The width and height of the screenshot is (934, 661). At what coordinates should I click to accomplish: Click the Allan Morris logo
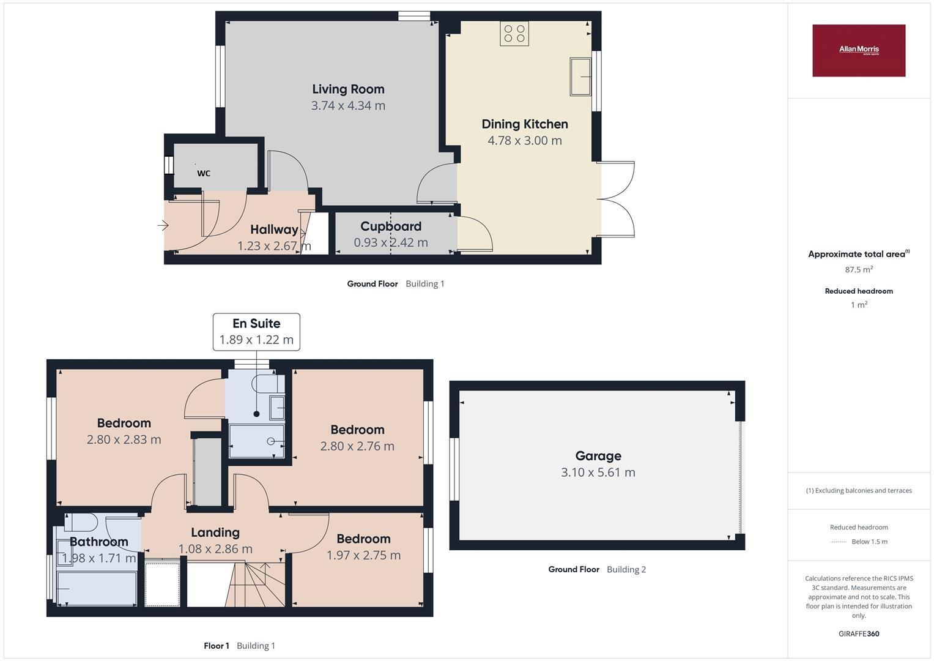coord(859,50)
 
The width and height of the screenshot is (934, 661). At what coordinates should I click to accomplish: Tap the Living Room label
coord(348,89)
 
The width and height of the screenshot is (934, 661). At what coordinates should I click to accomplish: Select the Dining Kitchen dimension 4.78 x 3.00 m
coord(525,141)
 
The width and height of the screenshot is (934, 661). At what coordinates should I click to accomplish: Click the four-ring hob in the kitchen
coord(514,34)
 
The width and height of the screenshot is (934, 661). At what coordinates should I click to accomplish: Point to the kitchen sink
coord(581,77)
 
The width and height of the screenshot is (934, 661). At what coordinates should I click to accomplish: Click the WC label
coord(204,173)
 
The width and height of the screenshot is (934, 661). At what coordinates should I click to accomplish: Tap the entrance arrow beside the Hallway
coord(163,226)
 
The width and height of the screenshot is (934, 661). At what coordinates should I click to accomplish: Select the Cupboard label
coord(391,226)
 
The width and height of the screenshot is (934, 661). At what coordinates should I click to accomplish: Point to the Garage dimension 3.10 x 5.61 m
coord(598,472)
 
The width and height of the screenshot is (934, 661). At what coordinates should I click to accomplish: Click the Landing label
coord(215,532)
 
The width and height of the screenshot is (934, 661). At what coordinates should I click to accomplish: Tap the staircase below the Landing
coord(255,584)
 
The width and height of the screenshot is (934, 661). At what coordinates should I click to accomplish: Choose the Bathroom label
coord(99,542)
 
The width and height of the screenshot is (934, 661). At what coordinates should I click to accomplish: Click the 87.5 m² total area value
coord(859,269)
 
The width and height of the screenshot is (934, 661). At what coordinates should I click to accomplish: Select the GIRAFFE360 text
coord(859,634)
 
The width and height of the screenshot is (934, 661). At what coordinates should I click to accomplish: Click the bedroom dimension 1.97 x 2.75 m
coord(363,556)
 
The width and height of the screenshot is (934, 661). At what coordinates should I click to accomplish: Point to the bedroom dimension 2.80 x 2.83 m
coord(124,439)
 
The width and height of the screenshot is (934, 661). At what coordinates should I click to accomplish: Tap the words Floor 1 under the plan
coord(217,646)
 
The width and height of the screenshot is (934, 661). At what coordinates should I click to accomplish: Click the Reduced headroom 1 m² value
coord(859,305)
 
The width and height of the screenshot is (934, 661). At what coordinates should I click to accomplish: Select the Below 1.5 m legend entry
coord(859,542)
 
